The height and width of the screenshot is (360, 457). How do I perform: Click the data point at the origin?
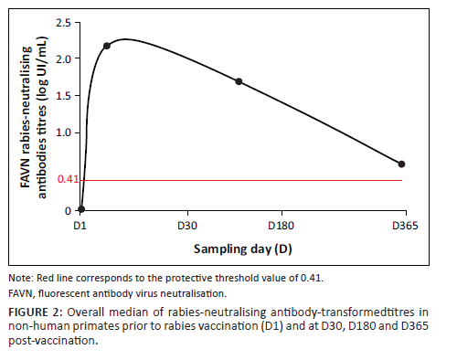[x=81, y=209]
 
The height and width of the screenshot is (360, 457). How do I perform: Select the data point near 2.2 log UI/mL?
[x=107, y=46]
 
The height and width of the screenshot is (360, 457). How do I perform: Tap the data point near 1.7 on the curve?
[x=239, y=81]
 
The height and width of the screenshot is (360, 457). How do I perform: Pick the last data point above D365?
[x=401, y=164]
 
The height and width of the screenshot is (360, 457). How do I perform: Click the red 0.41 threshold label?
[x=68, y=179]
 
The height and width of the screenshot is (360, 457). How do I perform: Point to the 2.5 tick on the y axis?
[x=63, y=23]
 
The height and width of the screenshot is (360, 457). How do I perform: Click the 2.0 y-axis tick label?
[x=63, y=58]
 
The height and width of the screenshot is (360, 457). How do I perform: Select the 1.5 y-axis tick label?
[x=63, y=96]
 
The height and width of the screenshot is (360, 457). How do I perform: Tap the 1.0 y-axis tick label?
[x=63, y=133]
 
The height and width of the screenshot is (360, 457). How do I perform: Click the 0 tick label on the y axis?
[x=68, y=211]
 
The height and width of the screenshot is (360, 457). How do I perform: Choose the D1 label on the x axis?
[x=80, y=226]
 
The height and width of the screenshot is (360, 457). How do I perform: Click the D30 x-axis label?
[x=187, y=226]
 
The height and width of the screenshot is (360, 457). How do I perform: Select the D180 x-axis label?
[x=281, y=226]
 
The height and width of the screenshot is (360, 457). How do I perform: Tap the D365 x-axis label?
[x=405, y=226]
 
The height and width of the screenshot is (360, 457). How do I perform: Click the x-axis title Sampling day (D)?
[x=243, y=249]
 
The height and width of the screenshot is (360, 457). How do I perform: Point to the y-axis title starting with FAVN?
[x=34, y=118]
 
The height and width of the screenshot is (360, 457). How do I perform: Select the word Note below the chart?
[x=21, y=278]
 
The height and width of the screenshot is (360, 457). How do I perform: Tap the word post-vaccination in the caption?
[x=53, y=341]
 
